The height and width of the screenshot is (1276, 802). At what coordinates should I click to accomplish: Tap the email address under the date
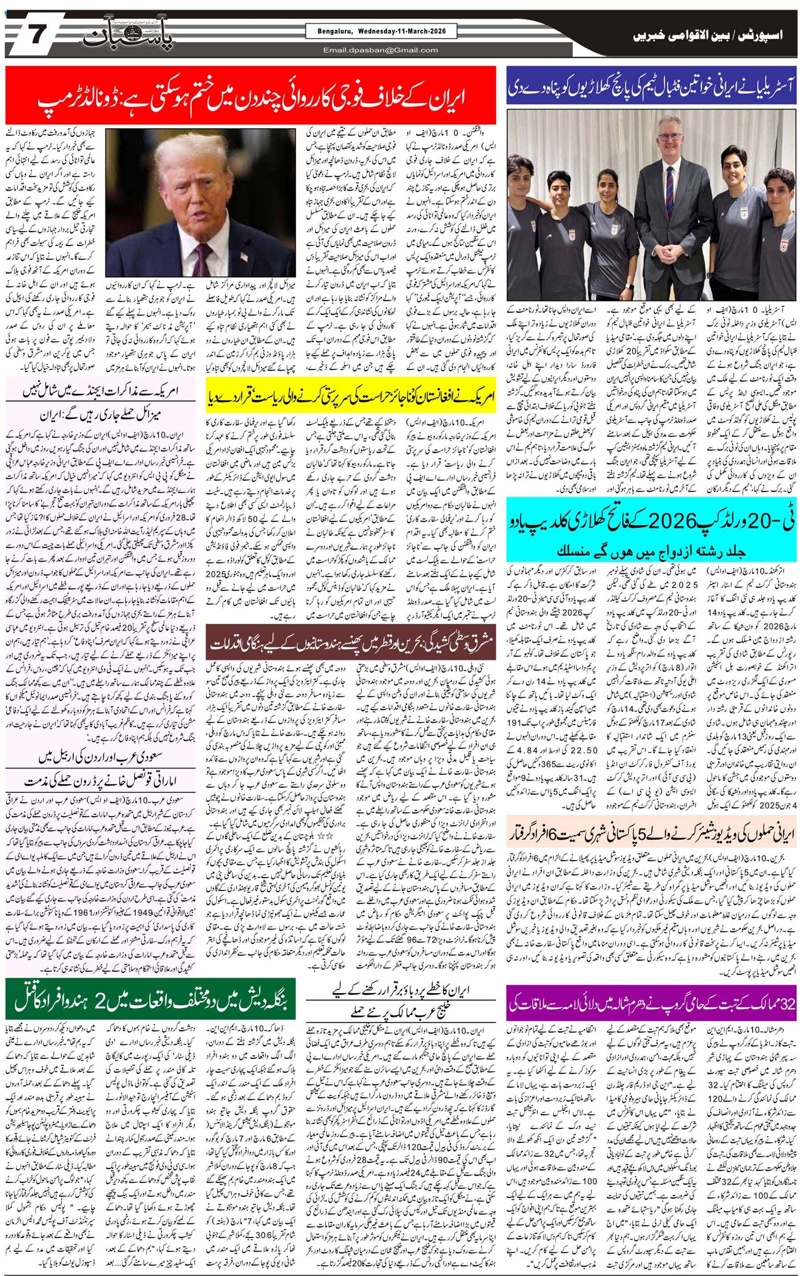381,50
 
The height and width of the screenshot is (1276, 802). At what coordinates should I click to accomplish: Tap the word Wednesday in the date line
377,31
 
